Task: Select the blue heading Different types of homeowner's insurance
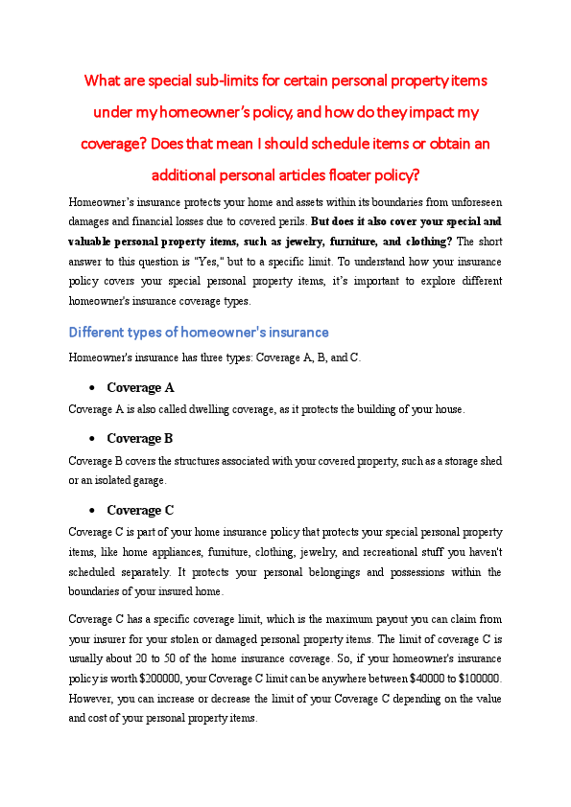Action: click(199, 333)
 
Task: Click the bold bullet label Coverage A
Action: click(140, 388)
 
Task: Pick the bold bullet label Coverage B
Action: click(140, 438)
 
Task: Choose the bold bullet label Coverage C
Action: click(140, 510)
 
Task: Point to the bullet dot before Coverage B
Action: click(90, 439)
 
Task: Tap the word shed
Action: click(490, 461)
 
